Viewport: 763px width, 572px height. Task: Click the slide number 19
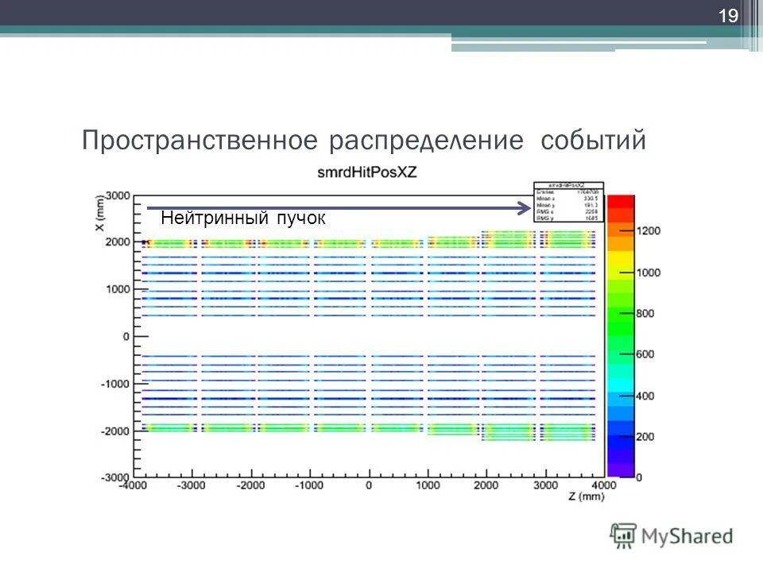tap(728, 16)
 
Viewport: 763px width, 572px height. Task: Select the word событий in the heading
tap(592, 141)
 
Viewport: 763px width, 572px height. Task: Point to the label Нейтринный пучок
tap(242, 218)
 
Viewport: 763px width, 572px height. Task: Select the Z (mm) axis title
tap(586, 496)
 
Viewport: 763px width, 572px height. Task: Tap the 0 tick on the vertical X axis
tap(124, 337)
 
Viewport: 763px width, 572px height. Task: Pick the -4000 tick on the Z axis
tap(134, 485)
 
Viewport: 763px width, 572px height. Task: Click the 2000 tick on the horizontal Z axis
tap(486, 485)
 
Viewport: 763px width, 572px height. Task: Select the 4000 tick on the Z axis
tap(603, 485)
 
